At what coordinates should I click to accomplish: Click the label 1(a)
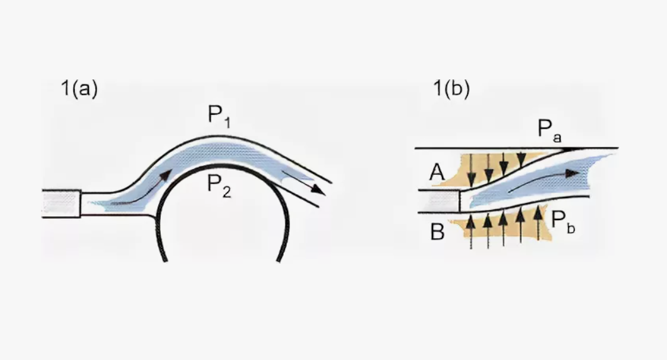point(79,89)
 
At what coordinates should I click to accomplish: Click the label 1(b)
point(450,89)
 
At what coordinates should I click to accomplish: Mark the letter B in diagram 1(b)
point(438,232)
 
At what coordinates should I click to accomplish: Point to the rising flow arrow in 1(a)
point(151,187)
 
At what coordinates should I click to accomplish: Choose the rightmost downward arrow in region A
point(521,159)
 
